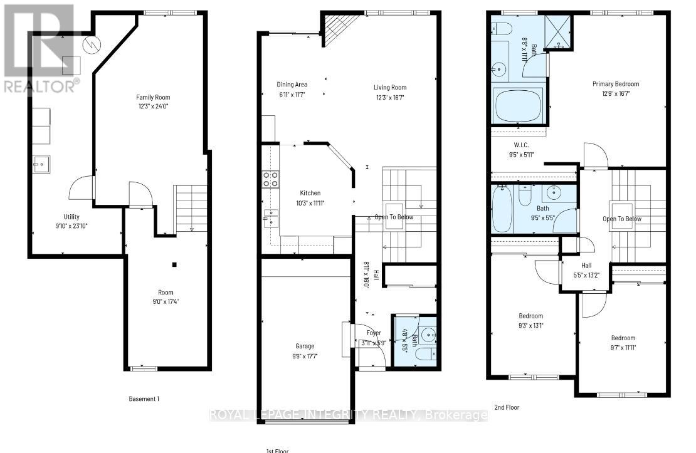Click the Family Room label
click(x=153, y=97)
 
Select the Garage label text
click(x=305, y=346)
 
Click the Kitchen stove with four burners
click(x=270, y=180)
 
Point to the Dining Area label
click(x=292, y=85)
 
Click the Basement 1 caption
click(x=144, y=398)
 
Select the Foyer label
click(x=374, y=333)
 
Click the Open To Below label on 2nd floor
click(x=621, y=219)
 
